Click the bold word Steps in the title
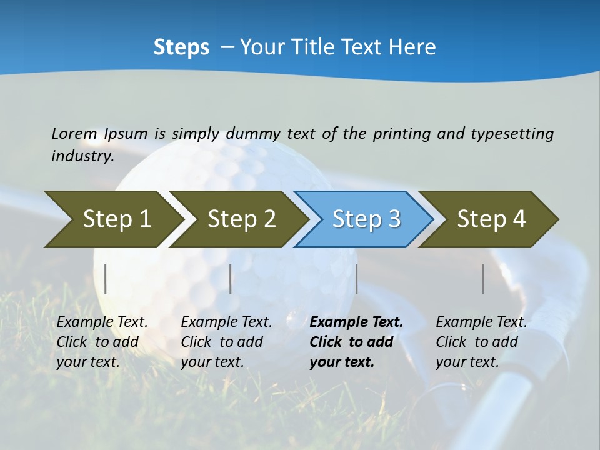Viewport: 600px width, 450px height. (181, 47)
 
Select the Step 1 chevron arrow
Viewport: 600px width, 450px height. (112, 219)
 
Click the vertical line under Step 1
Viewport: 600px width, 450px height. (106, 279)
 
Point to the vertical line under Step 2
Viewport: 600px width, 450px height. (231, 279)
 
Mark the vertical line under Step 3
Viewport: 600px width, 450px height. (356, 279)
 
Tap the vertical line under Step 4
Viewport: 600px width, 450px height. (483, 279)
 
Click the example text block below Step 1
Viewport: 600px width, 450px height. (102, 342)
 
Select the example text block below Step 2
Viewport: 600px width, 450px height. (226, 342)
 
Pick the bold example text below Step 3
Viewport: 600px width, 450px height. (356, 342)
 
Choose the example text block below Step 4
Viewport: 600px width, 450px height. (481, 342)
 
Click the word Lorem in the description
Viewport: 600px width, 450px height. (74, 134)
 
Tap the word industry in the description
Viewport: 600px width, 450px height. (82, 156)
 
